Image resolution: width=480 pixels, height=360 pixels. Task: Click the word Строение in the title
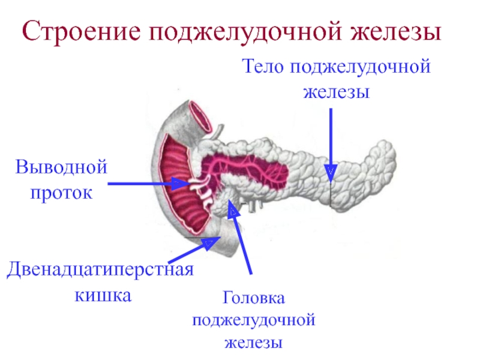(82, 31)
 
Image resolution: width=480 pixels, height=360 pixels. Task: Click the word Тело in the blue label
(263, 66)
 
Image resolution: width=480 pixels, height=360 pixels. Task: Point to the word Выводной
(61, 167)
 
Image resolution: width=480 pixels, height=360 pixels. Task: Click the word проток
(61, 193)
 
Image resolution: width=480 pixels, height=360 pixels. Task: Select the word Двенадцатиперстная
(100, 270)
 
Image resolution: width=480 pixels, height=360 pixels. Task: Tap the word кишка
(103, 296)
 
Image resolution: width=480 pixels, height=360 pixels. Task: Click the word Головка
(253, 298)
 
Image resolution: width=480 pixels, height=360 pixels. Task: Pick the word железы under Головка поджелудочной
(253, 343)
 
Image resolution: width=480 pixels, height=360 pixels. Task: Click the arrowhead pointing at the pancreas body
(331, 173)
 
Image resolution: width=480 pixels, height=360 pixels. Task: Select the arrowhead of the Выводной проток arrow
(181, 184)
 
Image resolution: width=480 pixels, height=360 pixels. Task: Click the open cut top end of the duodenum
(200, 116)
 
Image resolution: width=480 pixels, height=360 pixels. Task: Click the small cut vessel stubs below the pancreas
(253, 206)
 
